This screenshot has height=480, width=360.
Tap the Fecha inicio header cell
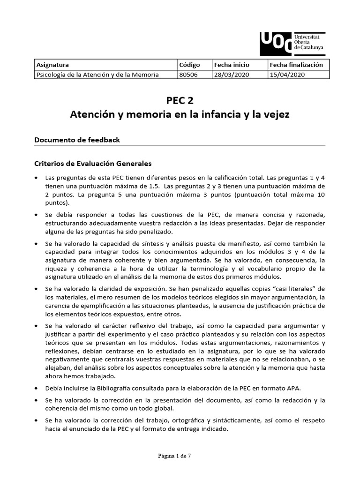click(x=232, y=65)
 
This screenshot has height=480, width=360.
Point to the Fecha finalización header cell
click(x=296, y=65)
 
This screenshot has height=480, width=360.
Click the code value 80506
click(x=188, y=74)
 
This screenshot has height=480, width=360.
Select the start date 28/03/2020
click(x=230, y=74)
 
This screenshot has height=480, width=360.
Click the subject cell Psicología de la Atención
click(x=97, y=74)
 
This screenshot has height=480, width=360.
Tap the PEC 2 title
click(x=180, y=100)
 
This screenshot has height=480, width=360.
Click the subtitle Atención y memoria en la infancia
click(x=180, y=114)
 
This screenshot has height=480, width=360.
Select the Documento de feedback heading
click(x=77, y=140)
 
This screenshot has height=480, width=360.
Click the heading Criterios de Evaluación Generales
click(x=93, y=164)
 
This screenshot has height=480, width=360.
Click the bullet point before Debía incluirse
click(x=37, y=389)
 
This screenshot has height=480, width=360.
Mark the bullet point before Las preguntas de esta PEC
click(x=37, y=179)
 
